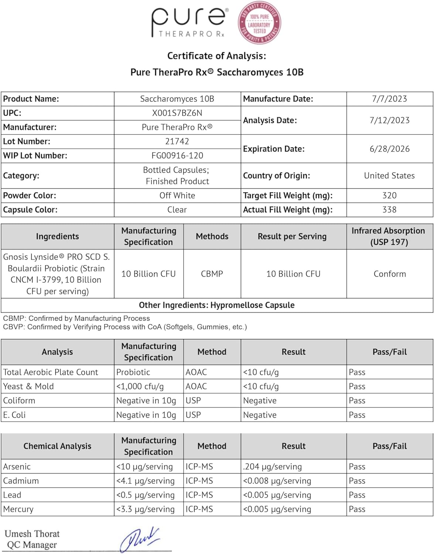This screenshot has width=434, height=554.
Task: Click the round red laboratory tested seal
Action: tap(259, 23)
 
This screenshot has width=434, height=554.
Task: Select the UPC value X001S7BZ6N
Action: tap(177, 113)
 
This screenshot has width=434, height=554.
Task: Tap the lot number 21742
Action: tap(177, 141)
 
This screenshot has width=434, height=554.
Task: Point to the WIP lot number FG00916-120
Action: tap(177, 155)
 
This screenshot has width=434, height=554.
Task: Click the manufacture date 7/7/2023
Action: tap(389, 99)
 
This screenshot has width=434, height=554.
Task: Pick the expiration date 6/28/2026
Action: tap(389, 149)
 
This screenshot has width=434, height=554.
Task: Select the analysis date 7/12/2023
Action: tap(389, 120)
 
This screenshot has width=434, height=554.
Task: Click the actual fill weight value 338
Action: tap(389, 210)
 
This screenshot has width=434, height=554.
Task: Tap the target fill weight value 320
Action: tap(389, 196)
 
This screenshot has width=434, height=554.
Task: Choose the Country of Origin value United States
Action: tap(389, 176)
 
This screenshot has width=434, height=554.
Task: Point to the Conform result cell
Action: tap(390, 274)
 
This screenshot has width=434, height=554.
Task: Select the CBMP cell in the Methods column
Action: tap(212, 274)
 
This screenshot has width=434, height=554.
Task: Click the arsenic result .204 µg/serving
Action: tap(273, 467)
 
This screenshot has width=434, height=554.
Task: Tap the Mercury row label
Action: tap(18, 509)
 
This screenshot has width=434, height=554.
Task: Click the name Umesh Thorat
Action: tap(32, 534)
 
